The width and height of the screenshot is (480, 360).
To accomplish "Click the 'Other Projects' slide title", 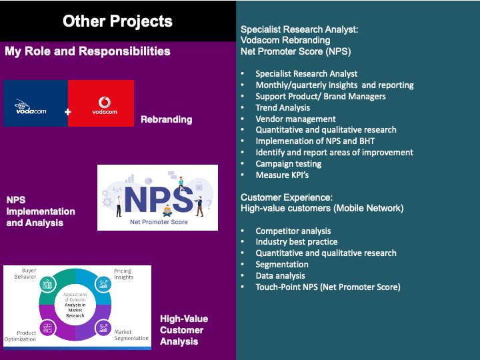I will point(117,21).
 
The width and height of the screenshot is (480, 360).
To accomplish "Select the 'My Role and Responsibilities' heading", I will point(87,51).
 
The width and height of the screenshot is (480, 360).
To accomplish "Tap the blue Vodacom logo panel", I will point(35,103).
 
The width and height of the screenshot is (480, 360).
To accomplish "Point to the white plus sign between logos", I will point(67,112).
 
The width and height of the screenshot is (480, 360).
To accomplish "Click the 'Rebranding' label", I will point(166,119).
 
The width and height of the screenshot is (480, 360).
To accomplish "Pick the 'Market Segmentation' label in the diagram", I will point(131,335).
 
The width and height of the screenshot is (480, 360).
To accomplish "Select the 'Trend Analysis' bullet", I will point(283,107).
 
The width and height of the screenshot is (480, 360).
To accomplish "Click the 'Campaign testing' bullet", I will point(288,163).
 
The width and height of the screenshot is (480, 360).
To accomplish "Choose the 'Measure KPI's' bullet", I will point(282,175).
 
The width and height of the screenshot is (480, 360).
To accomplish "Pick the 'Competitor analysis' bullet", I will point(293,231).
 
